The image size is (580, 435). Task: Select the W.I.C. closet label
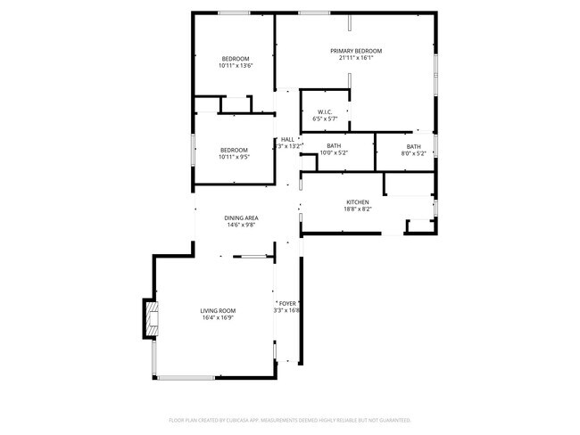pyautogui.click(x=324, y=111)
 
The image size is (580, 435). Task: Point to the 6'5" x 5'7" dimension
pyautogui.click(x=324, y=119)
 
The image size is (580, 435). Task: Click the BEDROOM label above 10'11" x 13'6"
pyautogui.click(x=236, y=59)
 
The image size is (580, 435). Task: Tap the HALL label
pyautogui.click(x=287, y=139)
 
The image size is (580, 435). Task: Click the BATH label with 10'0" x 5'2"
pyautogui.click(x=334, y=145)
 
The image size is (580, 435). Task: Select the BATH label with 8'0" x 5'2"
pyautogui.click(x=413, y=146)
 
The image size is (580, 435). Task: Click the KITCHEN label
pyautogui.click(x=357, y=202)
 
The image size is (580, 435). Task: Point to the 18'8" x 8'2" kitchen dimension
pyautogui.click(x=357, y=209)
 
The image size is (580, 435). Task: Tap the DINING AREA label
pyautogui.click(x=241, y=217)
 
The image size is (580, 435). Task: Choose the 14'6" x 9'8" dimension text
pyautogui.click(x=241, y=225)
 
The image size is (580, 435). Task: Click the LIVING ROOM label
pyautogui.click(x=218, y=310)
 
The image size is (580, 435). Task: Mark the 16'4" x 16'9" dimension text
pyautogui.click(x=218, y=317)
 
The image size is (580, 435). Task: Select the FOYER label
pyautogui.click(x=287, y=303)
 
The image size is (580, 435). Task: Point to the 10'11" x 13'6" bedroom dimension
pyautogui.click(x=236, y=66)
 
